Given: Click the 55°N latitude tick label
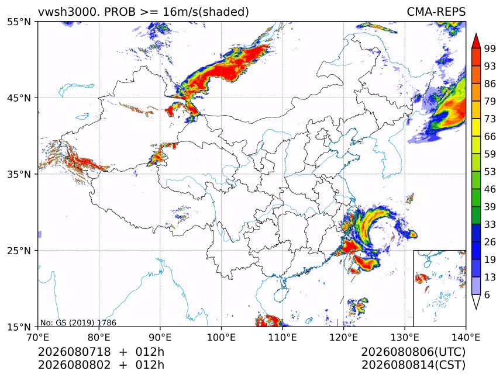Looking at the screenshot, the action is [x=19, y=22].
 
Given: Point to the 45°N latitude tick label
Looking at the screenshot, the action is [x=19, y=98].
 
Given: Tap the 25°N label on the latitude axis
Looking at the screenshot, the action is [x=19, y=251].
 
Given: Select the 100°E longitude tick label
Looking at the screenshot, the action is [x=221, y=337].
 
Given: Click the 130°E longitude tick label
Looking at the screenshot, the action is [x=405, y=337].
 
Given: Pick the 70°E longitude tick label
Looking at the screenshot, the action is [x=38, y=337].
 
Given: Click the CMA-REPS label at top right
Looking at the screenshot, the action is [x=436, y=12].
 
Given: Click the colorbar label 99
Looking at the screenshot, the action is [x=490, y=48].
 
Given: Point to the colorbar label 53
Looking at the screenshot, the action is [x=490, y=172].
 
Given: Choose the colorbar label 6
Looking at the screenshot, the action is [x=487, y=294].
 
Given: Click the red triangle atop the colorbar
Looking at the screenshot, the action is [x=476, y=41].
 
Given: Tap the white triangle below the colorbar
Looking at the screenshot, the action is [x=476, y=301].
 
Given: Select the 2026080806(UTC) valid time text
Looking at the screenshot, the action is [x=413, y=352].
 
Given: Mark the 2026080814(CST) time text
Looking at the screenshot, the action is [x=413, y=365].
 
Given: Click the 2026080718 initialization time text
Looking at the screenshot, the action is [x=74, y=352].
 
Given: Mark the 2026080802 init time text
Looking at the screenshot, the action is [x=74, y=365].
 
